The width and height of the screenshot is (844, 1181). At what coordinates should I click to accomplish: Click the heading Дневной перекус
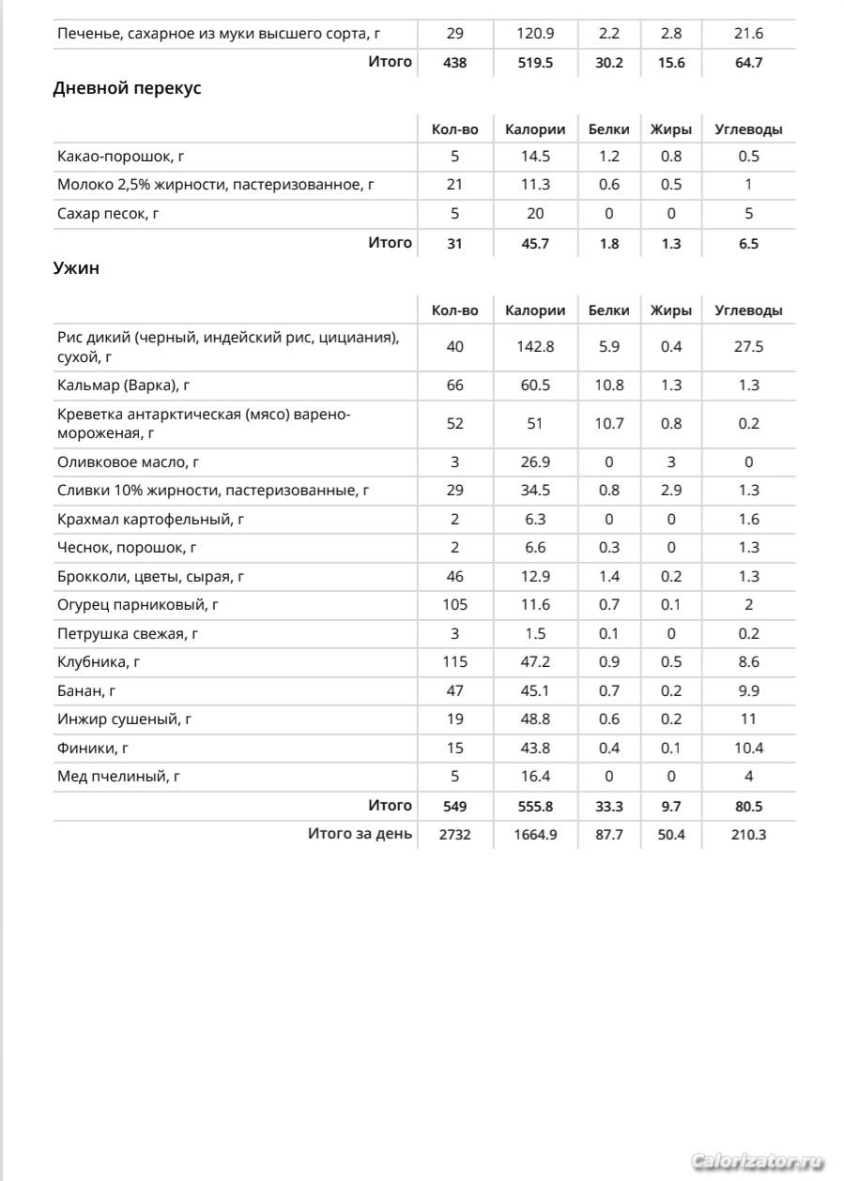point(127,89)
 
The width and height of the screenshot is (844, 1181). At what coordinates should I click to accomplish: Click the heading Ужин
point(76,268)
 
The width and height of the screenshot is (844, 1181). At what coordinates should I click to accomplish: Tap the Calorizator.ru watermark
point(757,1161)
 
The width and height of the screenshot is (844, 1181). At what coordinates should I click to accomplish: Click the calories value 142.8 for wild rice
point(535,347)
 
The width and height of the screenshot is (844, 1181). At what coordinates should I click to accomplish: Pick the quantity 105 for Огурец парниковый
point(454,605)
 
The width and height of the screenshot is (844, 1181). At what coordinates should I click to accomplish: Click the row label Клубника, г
point(99,662)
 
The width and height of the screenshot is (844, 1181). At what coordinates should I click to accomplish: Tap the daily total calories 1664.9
point(535,834)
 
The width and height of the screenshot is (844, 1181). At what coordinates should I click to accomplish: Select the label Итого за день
point(360,833)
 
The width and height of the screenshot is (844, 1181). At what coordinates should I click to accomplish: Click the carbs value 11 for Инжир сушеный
point(748,719)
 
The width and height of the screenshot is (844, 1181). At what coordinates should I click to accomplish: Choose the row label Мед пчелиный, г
point(118,777)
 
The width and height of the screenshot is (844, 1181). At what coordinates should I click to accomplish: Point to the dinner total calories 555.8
point(535,806)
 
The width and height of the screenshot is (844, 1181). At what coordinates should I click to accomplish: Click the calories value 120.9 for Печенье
point(535,34)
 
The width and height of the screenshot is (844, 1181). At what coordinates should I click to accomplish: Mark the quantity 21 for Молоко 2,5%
point(454,185)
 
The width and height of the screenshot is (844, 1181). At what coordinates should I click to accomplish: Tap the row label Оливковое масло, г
point(128,462)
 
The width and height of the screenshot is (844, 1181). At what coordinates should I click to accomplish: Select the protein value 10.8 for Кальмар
point(608,386)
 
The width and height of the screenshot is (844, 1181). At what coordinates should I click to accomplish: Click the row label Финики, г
point(93,749)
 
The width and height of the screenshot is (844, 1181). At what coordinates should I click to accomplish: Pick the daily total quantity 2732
point(454,834)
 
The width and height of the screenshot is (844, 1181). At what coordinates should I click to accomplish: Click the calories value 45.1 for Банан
point(535,691)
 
